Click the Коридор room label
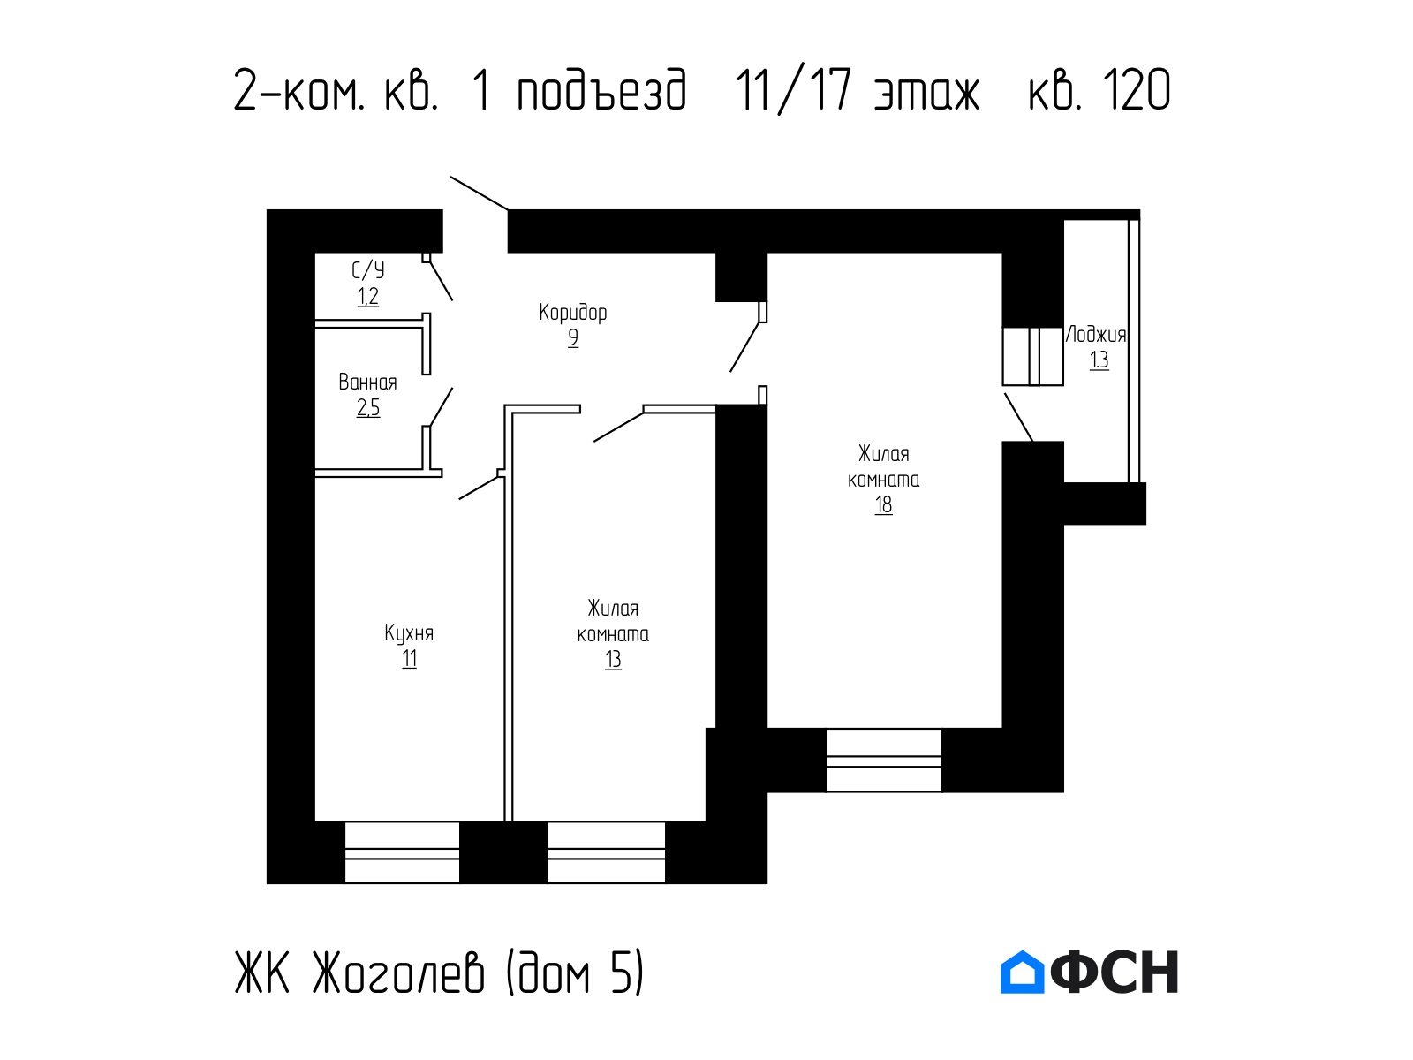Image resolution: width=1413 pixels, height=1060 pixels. [x=572, y=313]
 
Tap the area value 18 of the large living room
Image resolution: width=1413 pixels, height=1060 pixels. [x=883, y=505]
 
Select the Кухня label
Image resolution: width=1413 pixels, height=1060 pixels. [x=409, y=633]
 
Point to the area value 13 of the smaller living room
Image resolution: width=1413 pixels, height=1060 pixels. [x=613, y=660]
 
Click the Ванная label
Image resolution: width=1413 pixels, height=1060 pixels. [x=367, y=382]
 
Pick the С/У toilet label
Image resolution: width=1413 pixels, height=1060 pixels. [x=368, y=270]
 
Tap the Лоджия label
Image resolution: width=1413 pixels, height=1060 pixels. [x=1096, y=335]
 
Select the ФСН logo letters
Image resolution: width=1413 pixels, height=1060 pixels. [x=1115, y=973]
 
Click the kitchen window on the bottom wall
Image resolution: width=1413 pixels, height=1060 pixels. [x=403, y=852]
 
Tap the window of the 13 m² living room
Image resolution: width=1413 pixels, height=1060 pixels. [x=607, y=852]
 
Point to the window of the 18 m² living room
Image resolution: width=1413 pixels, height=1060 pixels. [x=884, y=760]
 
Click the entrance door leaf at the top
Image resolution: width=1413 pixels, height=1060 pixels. [x=480, y=193]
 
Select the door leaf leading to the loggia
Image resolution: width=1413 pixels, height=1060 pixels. [x=1019, y=418]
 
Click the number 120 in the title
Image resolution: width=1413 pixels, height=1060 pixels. [x=1137, y=91]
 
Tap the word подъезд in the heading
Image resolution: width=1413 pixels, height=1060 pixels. [x=602, y=91]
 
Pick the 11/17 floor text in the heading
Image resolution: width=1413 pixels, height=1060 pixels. [x=794, y=91]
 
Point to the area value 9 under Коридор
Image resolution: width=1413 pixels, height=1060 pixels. [x=573, y=338]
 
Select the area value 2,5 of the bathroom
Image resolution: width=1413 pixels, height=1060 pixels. [x=368, y=408]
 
